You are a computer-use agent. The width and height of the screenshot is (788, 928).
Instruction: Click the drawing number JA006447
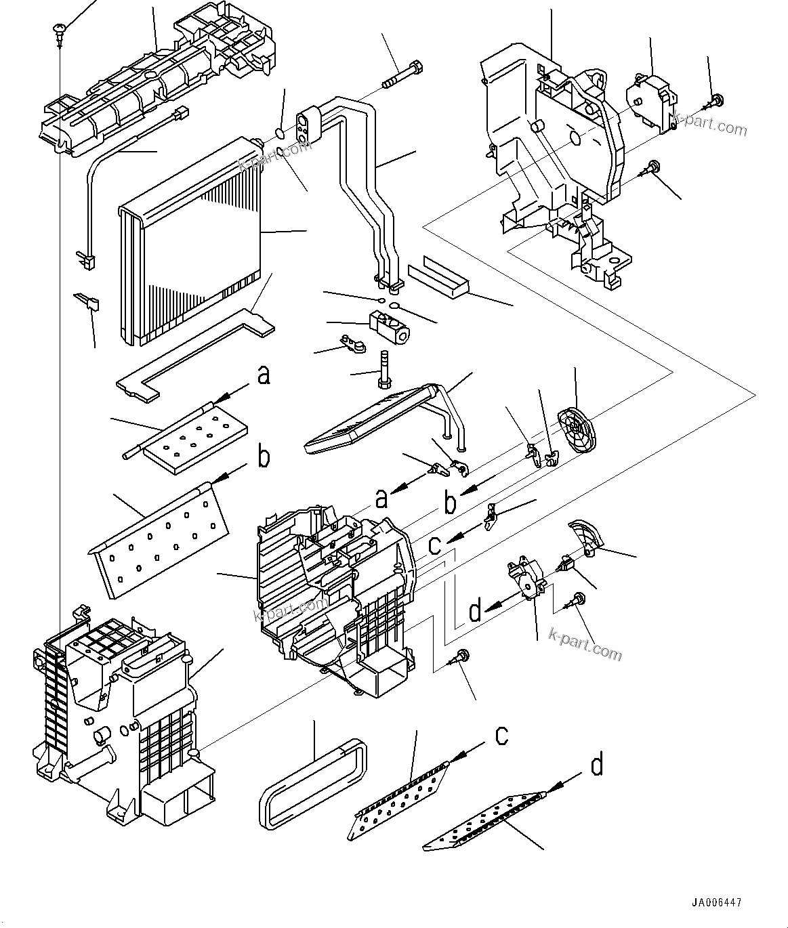point(716,902)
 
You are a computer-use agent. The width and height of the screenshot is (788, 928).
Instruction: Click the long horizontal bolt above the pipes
point(404,75)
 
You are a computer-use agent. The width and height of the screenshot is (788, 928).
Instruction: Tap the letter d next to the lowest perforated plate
point(596,765)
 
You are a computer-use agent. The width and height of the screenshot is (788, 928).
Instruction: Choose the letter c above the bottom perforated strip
point(501,734)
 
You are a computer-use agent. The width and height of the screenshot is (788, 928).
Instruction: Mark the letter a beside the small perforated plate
point(264,375)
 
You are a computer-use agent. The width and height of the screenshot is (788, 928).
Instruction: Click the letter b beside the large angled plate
point(264,457)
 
